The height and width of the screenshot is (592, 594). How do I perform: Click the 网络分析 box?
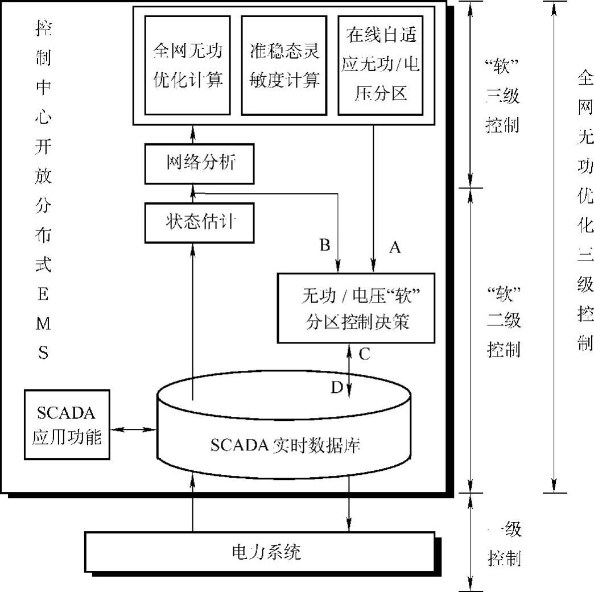point(200,163)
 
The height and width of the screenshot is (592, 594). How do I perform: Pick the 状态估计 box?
point(200,222)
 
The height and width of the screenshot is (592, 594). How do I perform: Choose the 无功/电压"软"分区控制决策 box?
point(356,308)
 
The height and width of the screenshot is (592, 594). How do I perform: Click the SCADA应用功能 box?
point(67,424)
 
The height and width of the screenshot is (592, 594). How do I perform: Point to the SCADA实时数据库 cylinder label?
point(285,445)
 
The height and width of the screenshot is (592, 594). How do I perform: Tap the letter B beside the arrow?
point(325,245)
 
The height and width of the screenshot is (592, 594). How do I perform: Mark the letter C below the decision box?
point(365,354)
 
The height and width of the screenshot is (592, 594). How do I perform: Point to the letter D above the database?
point(337,387)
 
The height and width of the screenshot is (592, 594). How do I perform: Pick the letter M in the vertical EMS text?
point(43,324)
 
